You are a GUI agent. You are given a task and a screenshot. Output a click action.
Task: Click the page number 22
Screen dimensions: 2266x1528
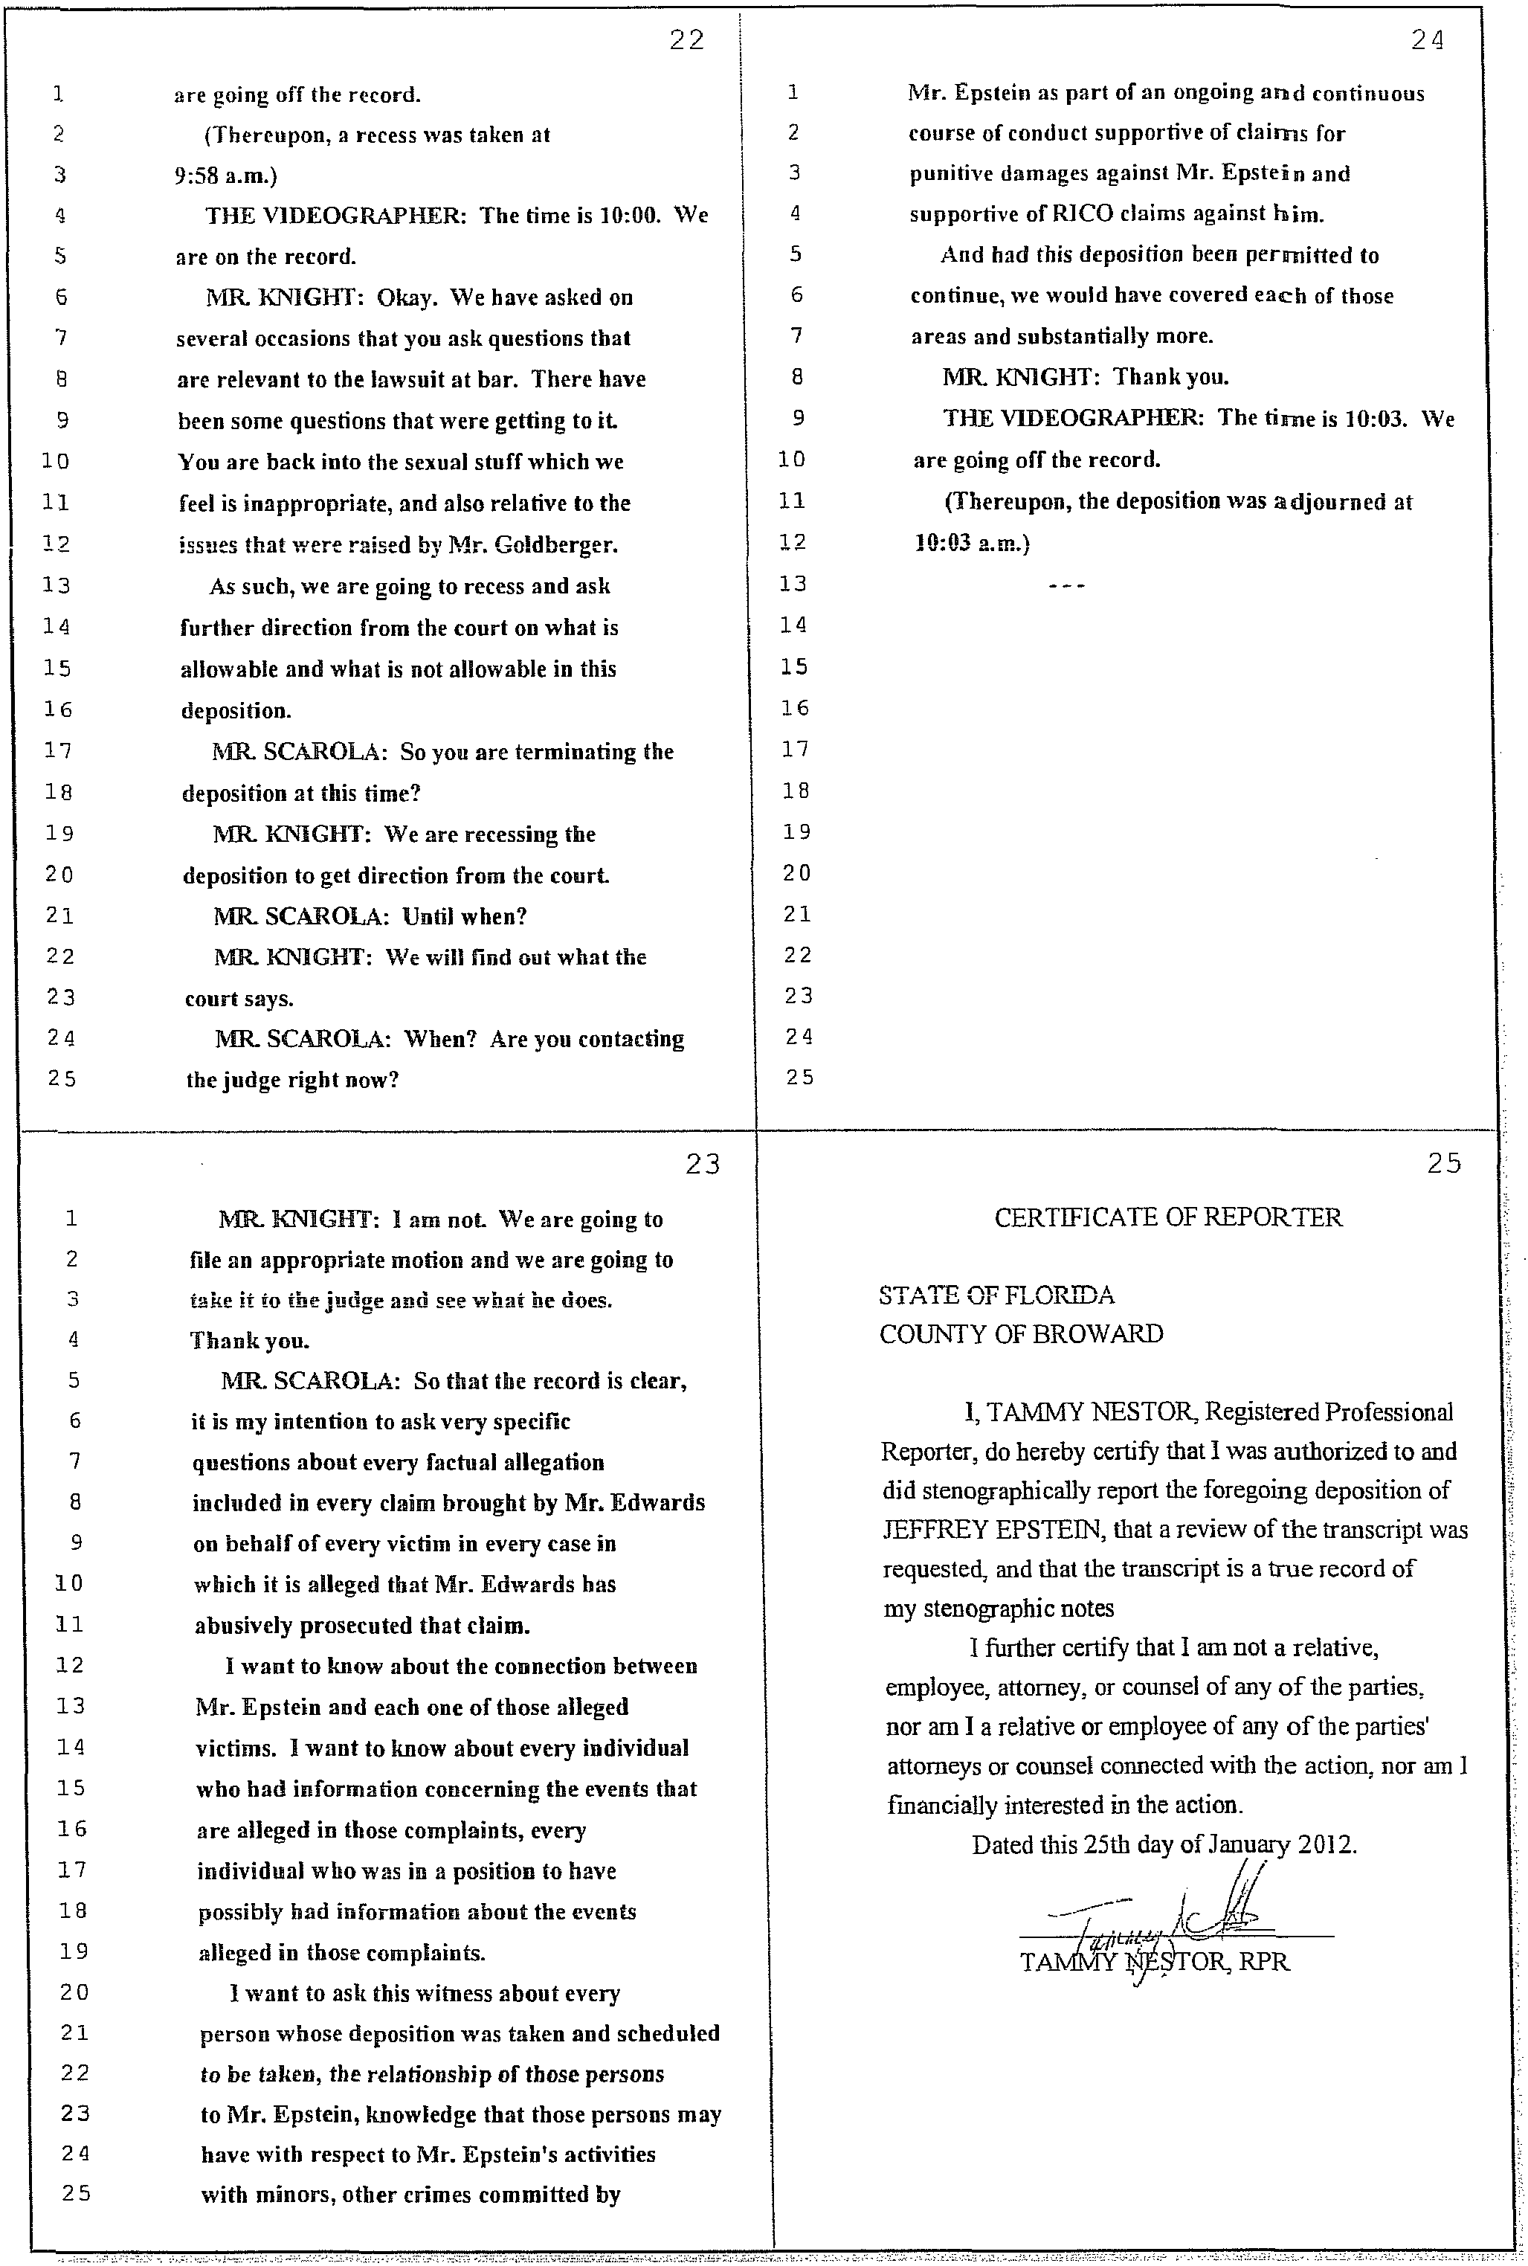pyautogui.click(x=687, y=40)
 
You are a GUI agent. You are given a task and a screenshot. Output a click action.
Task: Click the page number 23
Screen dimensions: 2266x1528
pyautogui.click(x=703, y=1164)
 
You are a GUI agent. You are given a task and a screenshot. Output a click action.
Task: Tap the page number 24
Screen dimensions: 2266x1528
pyautogui.click(x=1428, y=40)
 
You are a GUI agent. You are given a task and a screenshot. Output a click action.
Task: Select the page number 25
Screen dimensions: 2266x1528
pyautogui.click(x=1444, y=1162)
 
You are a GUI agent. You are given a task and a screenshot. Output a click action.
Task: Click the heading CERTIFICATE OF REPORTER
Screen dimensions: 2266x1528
pyautogui.click(x=1167, y=1217)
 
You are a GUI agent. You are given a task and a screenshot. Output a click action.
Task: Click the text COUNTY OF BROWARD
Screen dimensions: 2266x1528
pyautogui.click(x=1020, y=1334)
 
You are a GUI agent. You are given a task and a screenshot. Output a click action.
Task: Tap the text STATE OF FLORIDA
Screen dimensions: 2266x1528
pyautogui.click(x=996, y=1295)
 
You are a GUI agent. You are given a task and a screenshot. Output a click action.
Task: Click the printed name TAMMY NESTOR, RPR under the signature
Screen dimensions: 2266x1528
pyautogui.click(x=1154, y=1961)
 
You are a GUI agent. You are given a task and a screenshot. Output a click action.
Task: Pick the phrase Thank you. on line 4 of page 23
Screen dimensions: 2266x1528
pyautogui.click(x=250, y=1341)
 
